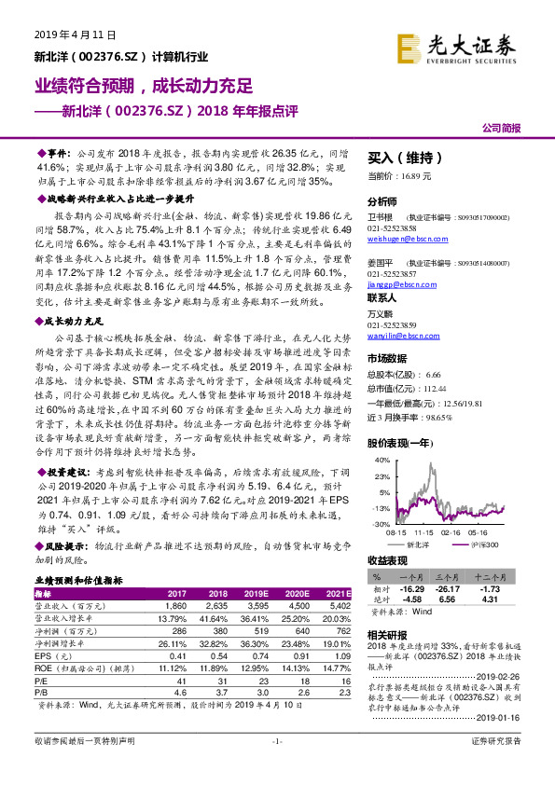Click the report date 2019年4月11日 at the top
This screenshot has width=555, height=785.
pyautogui.click(x=75, y=34)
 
